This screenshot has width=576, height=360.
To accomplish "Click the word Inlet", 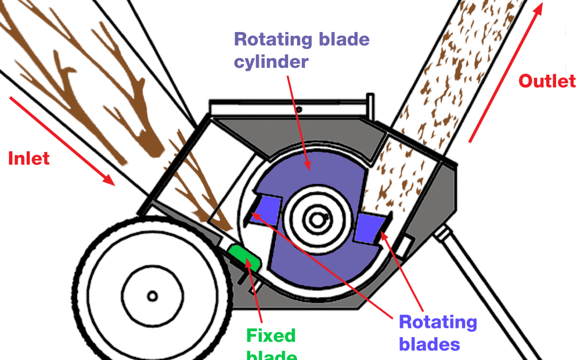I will tap(29, 158).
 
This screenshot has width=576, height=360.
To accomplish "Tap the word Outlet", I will tap(547, 81).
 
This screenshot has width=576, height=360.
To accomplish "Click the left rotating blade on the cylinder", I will tap(265, 209).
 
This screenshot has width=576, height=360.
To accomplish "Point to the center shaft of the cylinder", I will tap(317, 219).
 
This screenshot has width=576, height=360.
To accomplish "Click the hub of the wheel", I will tap(152, 295).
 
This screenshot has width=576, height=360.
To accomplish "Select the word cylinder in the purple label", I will tap(271, 61).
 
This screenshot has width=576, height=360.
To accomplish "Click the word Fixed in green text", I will tap(270, 335).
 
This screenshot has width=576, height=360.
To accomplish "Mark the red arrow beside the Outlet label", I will tap(506, 73).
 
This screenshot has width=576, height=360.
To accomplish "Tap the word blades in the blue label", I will tap(429, 345).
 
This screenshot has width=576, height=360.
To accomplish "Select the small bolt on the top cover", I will tap(300, 110).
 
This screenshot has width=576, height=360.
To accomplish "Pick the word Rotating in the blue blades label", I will tap(438, 322).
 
